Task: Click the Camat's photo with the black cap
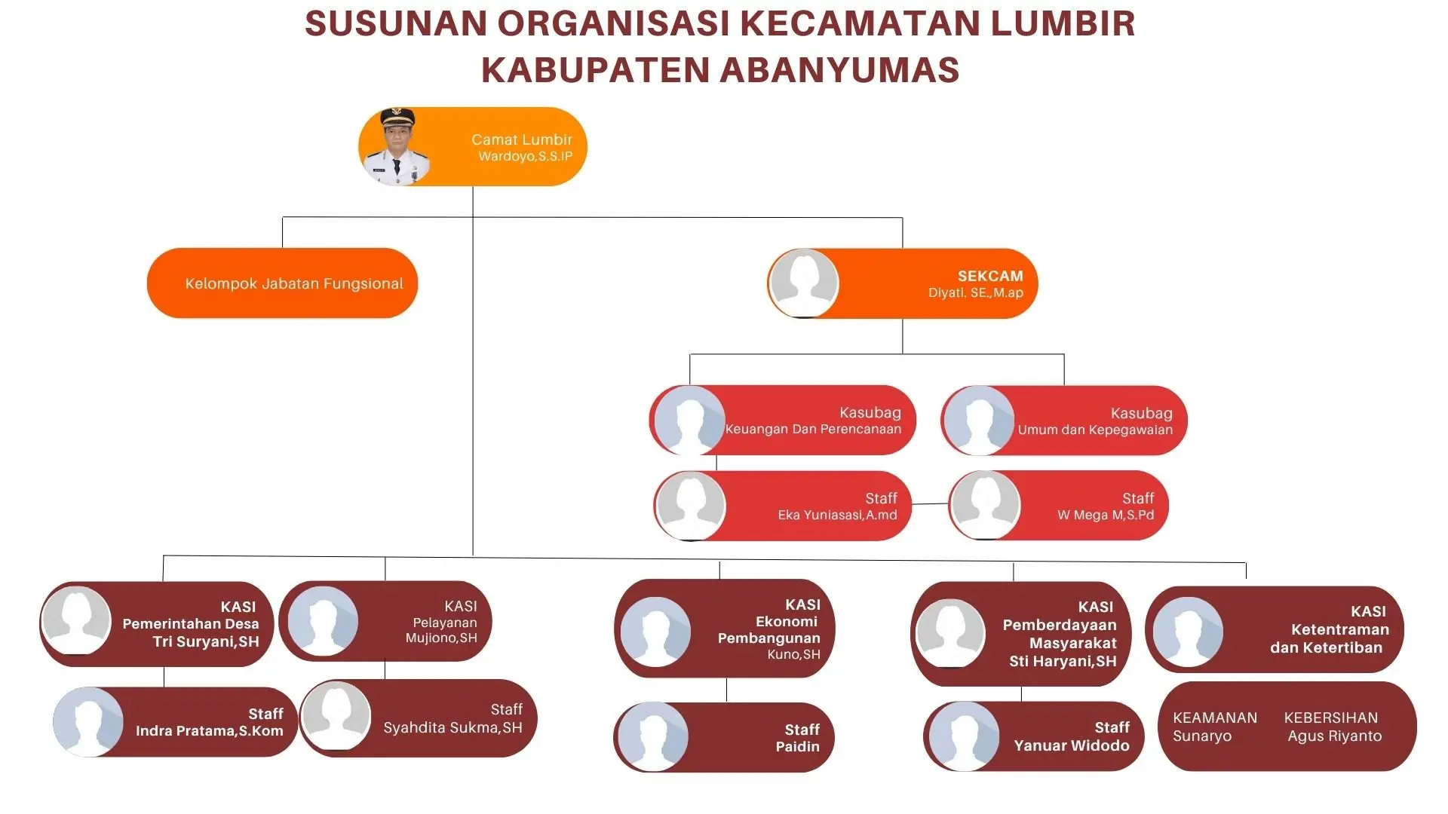397,146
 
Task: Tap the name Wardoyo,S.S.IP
526,157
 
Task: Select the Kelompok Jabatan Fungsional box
282,283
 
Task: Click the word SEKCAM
990,276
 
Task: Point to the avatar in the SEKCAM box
804,283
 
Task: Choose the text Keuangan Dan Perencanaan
813,429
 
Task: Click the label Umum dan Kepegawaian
1095,430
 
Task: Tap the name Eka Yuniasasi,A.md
837,515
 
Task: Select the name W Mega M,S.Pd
1106,515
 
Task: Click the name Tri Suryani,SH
206,642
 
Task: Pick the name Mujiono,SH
441,638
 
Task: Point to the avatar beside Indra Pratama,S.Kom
88,721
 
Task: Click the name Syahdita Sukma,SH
452,727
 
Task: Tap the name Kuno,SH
793,654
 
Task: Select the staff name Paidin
797,746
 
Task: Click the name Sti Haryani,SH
1063,662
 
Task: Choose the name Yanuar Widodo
1072,745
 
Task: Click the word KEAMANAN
1215,718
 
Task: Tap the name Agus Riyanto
1335,736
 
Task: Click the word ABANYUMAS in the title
839,70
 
